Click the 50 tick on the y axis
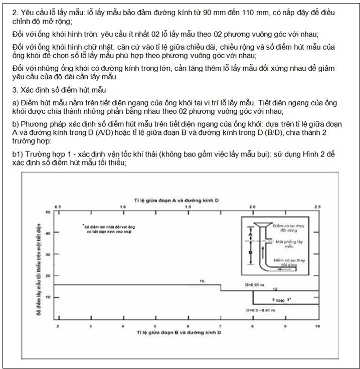(x=48, y=212)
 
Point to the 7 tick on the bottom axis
(x=220, y=326)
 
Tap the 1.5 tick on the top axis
(x=188, y=207)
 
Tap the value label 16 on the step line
(x=202, y=281)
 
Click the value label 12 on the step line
(x=275, y=289)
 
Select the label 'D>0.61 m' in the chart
(x=254, y=284)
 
